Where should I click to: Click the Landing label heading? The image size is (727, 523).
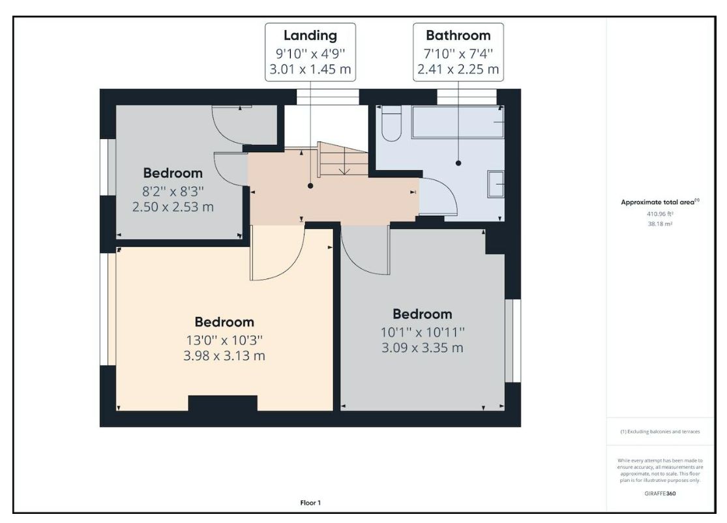click(310, 36)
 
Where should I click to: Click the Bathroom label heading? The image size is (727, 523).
click(458, 35)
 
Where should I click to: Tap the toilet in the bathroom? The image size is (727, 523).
click(392, 123)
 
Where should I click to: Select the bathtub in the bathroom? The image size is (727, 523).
click(458, 122)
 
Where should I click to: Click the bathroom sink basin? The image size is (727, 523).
click(496, 184)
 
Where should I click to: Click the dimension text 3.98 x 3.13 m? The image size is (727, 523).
click(224, 355)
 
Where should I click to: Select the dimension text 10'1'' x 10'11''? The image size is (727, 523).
click(423, 332)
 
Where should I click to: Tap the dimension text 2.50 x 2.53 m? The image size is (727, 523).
click(173, 207)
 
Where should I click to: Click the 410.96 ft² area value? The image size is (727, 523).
click(660, 214)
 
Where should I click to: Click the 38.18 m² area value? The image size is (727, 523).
click(660, 224)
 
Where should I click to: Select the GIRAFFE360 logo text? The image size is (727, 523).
click(660, 493)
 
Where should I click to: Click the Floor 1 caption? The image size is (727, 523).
click(310, 503)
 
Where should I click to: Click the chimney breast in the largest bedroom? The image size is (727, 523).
click(222, 404)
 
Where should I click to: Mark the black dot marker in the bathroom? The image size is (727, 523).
click(458, 163)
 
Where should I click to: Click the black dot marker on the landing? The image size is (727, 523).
click(310, 186)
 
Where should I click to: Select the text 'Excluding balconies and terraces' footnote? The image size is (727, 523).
click(664, 432)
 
